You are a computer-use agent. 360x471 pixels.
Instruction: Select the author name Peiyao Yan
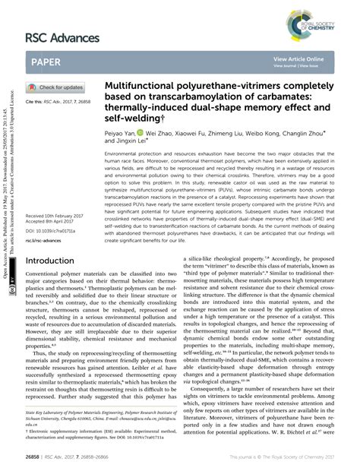[122, 132]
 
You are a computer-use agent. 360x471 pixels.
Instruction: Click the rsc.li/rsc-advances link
[43, 241]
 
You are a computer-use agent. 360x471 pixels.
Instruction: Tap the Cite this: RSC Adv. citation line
[60, 101]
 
